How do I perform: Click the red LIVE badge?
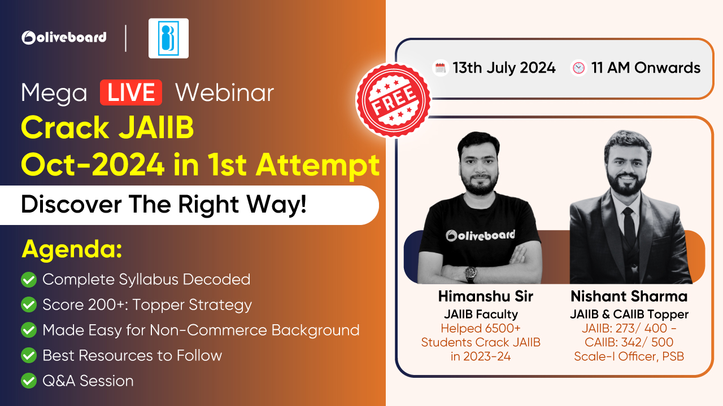[130, 92]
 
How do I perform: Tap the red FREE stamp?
[394, 100]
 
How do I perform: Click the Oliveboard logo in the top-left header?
[64, 38]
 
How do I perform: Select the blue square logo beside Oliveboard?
[168, 38]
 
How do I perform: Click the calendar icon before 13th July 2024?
[440, 68]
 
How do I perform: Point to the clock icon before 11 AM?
[578, 68]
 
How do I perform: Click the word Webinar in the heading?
[225, 93]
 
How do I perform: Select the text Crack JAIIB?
[107, 127]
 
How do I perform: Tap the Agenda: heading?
[72, 249]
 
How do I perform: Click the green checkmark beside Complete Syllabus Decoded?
[29, 279]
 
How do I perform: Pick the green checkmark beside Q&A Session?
[29, 381]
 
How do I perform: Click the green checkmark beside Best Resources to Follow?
[29, 355]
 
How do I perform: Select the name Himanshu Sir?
[485, 296]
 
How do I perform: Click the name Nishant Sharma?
[629, 296]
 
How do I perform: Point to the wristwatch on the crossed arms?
[471, 272]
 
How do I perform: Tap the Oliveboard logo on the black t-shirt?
[480, 236]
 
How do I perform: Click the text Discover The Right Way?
[164, 204]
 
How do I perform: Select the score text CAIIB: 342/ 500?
[629, 342]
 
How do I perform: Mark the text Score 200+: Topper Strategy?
[147, 305]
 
